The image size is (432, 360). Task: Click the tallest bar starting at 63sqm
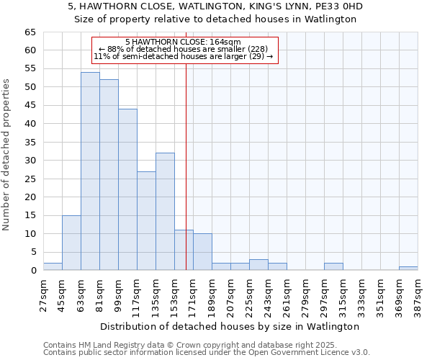click(x=90, y=171)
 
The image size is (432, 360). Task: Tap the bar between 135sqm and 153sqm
click(x=165, y=212)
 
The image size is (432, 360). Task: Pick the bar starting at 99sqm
click(x=127, y=189)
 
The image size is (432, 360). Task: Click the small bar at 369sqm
click(x=408, y=269)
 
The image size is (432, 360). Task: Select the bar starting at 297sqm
click(x=333, y=266)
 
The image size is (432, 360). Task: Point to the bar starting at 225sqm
click(x=258, y=265)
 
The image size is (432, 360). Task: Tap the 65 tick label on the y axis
click(x=30, y=32)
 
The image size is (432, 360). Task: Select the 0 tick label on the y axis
click(x=33, y=271)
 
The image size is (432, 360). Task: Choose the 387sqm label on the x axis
click(x=418, y=294)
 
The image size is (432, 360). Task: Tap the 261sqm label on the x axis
click(x=287, y=294)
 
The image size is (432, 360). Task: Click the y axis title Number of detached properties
click(x=7, y=155)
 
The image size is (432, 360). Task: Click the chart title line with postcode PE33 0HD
click(x=215, y=6)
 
